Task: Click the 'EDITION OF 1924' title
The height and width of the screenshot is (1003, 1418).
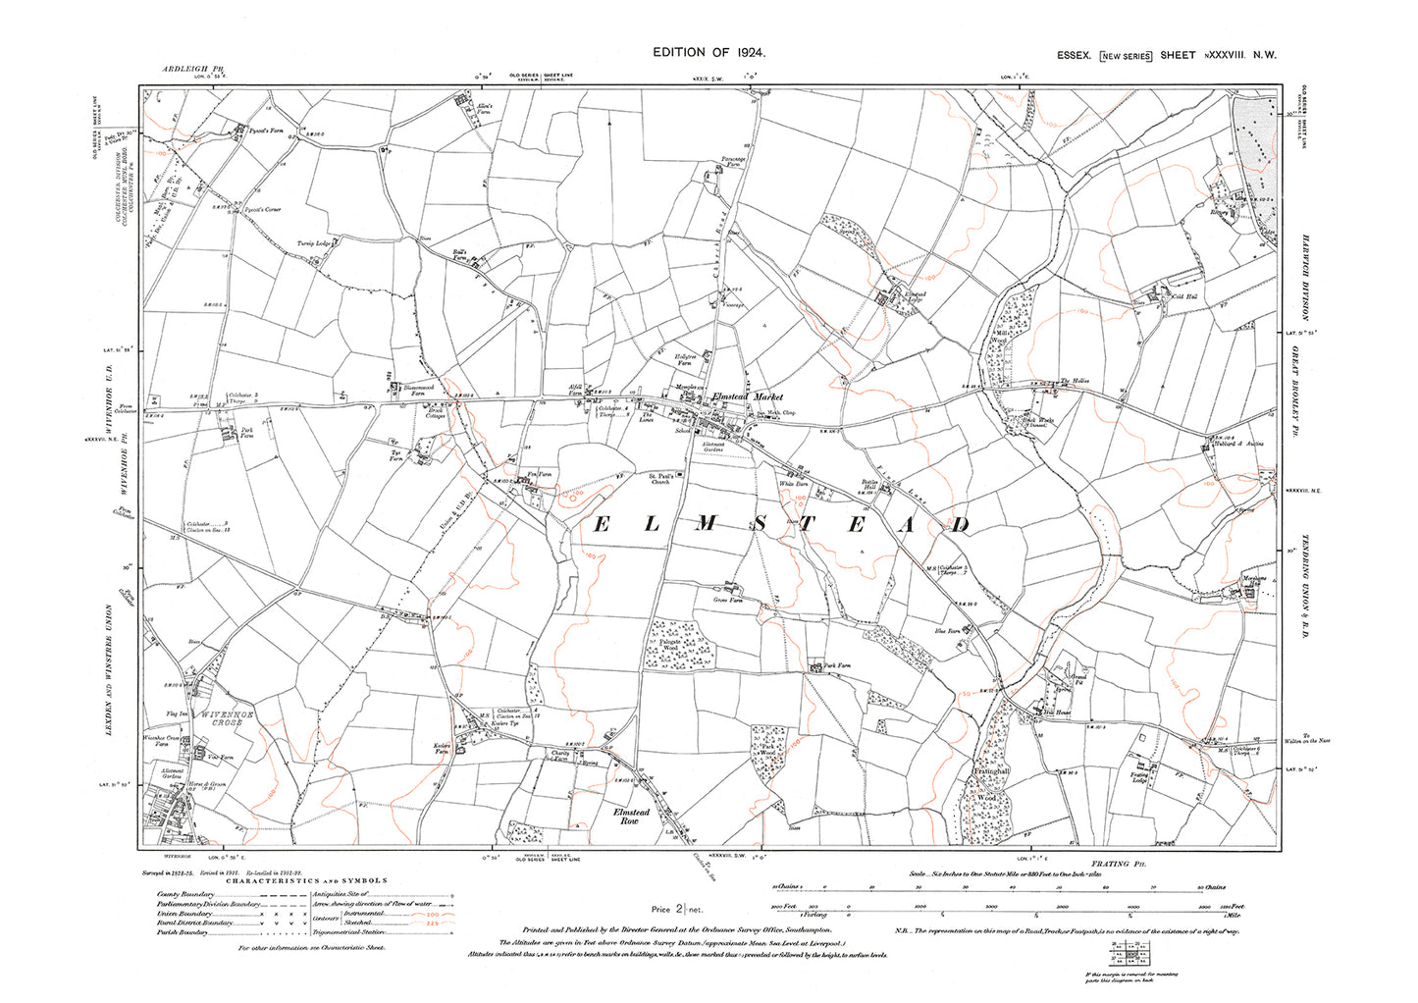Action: (709, 53)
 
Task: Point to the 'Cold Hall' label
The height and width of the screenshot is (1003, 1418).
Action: (1185, 296)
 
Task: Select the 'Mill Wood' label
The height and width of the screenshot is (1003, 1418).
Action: (1003, 337)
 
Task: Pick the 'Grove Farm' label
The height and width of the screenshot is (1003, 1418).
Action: (727, 600)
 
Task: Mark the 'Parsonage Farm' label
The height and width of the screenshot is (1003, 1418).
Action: (733, 161)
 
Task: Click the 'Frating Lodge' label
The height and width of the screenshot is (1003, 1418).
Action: (1138, 778)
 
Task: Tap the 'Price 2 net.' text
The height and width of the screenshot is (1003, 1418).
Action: (678, 910)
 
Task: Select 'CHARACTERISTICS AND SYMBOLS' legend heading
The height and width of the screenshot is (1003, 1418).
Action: (306, 880)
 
